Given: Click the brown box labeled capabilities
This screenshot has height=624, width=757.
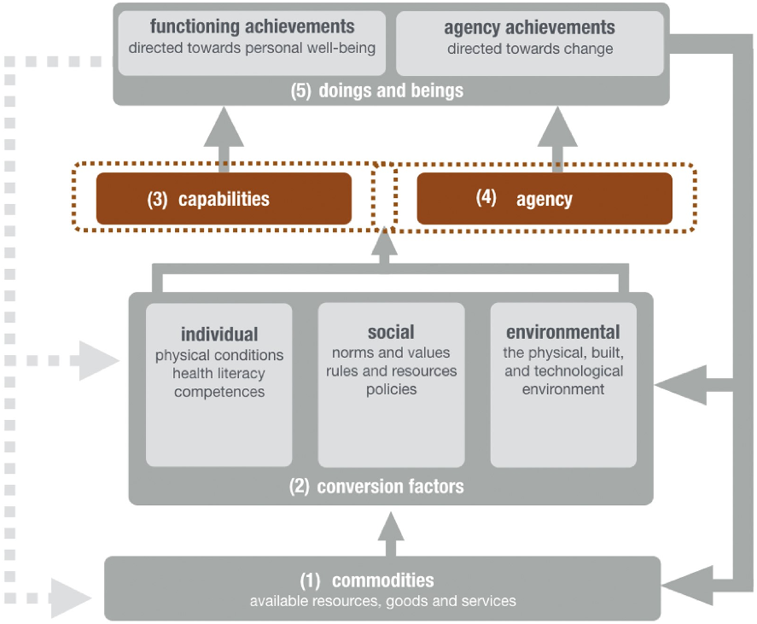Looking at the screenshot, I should click(x=224, y=199).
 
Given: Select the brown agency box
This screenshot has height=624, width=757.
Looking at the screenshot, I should click(x=544, y=199).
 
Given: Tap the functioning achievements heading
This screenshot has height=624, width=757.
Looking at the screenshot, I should click(x=252, y=26).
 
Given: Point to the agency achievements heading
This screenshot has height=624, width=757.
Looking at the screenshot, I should click(x=529, y=27).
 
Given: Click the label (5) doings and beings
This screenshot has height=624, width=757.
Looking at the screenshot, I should click(x=376, y=90).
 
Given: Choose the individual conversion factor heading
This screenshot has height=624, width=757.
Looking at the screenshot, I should click(x=219, y=334).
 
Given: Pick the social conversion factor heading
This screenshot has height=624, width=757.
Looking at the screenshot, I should click(x=391, y=332).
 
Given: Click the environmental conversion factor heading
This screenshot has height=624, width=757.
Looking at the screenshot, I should click(x=562, y=332).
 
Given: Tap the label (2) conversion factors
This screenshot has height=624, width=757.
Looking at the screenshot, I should click(x=376, y=487).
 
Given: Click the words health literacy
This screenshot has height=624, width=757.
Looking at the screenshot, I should click(x=218, y=373).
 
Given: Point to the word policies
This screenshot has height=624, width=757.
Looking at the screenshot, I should click(x=391, y=389).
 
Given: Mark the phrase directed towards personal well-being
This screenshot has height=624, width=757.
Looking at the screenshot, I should click(x=252, y=48).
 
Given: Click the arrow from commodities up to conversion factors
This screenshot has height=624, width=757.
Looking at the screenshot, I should click(x=390, y=534).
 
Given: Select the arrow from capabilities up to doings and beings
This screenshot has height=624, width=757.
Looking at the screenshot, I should click(x=224, y=136).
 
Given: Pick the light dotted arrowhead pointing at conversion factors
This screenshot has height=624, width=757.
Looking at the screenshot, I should click(x=99, y=359).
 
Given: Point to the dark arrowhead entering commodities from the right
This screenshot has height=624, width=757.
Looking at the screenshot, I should click(x=682, y=586).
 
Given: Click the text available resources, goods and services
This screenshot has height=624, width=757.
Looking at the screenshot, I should click(x=382, y=601).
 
